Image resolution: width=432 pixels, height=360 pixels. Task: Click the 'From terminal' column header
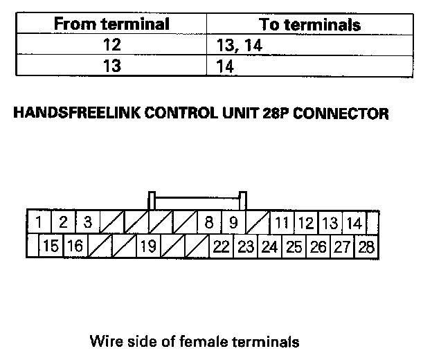click(x=111, y=24)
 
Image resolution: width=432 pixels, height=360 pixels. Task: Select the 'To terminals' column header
click(x=309, y=25)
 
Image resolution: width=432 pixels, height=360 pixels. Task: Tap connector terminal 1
click(x=39, y=222)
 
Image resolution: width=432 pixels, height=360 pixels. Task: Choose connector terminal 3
click(x=87, y=222)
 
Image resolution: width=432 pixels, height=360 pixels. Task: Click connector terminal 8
click(x=208, y=222)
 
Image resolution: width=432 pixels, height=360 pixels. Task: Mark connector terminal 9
click(x=233, y=222)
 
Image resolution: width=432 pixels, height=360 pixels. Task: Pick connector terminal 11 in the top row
click(x=281, y=223)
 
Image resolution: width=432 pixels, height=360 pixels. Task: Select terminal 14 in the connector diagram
click(x=354, y=223)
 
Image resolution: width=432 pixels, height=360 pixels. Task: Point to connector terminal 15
click(x=51, y=246)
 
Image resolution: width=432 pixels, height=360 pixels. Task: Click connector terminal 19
click(x=147, y=246)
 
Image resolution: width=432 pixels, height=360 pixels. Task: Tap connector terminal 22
click(x=222, y=246)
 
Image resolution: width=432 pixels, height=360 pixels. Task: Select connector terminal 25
click(x=294, y=246)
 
